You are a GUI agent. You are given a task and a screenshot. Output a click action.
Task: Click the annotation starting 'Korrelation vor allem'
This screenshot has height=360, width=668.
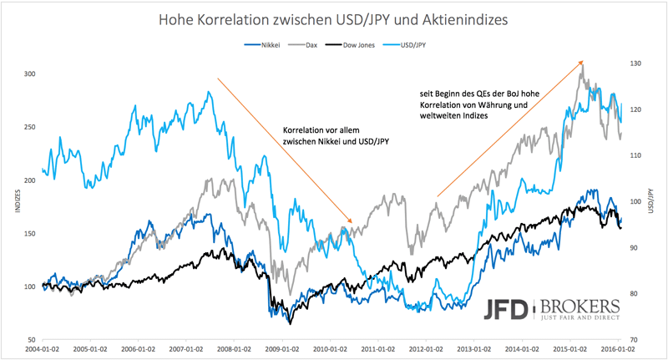click(337, 136)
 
